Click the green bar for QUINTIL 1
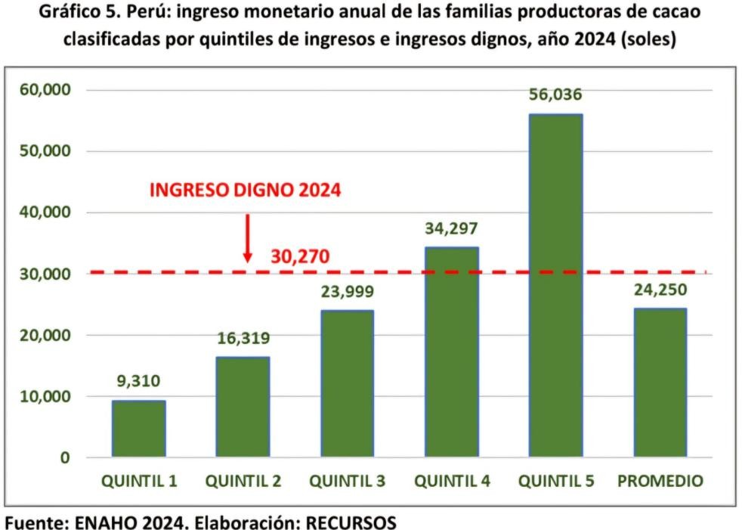pyautogui.click(x=138, y=428)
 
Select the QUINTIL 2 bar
pyautogui.click(x=243, y=407)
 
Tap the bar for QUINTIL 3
pyautogui.click(x=347, y=383)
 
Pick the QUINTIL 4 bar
pyautogui.click(x=451, y=352)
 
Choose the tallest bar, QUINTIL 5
pyautogui.click(x=555, y=285)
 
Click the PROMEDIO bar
pyautogui.click(x=660, y=382)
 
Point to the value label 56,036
pyautogui.click(x=555, y=95)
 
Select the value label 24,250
pyautogui.click(x=660, y=290)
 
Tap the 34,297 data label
pyautogui.click(x=451, y=228)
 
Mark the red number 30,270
pyautogui.click(x=300, y=258)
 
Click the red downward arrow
pyautogui.click(x=247, y=238)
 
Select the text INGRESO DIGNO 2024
pyautogui.click(x=245, y=189)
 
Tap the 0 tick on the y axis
pyautogui.click(x=65, y=457)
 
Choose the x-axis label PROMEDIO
pyautogui.click(x=660, y=482)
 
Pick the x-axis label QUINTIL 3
pyautogui.click(x=347, y=482)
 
